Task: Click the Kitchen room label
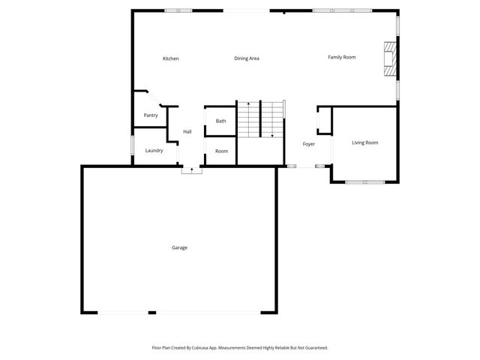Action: point(171,58)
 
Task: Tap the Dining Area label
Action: point(247,58)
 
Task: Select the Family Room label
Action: point(341,57)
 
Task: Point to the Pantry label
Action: point(151,115)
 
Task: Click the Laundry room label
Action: point(154,151)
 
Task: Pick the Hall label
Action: point(187,132)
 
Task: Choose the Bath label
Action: point(221,121)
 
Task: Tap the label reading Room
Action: point(221,151)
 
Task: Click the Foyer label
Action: point(308,144)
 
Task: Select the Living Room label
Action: point(365,142)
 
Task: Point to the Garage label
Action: point(179,247)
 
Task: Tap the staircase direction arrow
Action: point(271,135)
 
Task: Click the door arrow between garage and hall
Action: point(192,170)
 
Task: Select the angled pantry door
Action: point(152,99)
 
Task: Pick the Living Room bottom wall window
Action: point(365,181)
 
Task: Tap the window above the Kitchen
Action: point(178,10)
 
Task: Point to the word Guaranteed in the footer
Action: point(313,348)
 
